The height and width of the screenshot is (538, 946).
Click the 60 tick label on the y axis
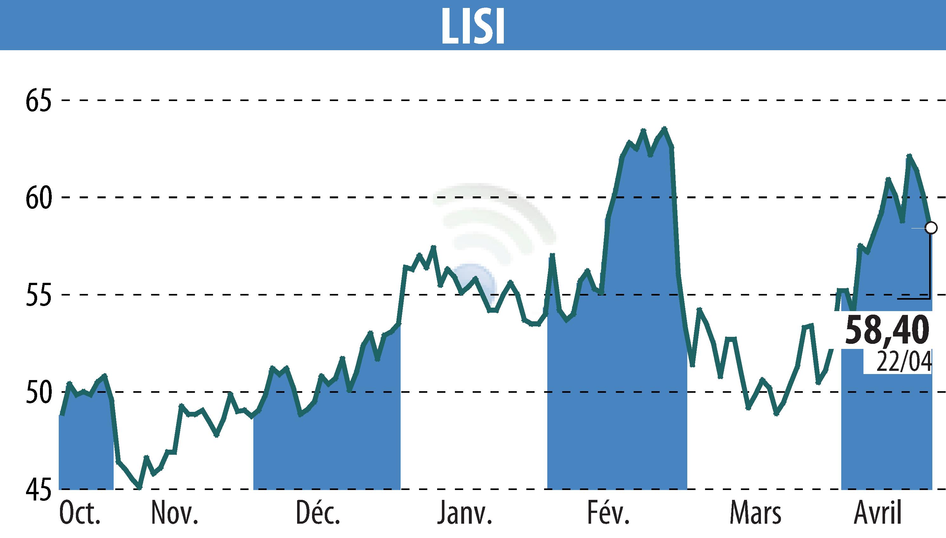(38, 198)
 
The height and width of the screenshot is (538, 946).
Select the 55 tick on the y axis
(38, 295)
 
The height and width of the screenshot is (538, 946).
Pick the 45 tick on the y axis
(38, 490)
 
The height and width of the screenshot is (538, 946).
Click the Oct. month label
(80, 513)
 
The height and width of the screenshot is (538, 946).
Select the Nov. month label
(175, 513)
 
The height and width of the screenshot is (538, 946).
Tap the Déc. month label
(318, 513)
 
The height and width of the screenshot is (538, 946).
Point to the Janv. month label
(465, 513)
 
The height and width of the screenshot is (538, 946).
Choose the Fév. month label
(608, 513)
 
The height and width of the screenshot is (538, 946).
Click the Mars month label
(756, 513)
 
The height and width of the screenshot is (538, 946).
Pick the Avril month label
(877, 513)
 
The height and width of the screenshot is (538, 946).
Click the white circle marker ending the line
(931, 228)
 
